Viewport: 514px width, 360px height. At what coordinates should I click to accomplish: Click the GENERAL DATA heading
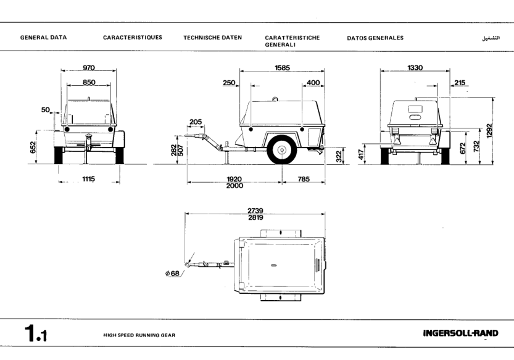44,38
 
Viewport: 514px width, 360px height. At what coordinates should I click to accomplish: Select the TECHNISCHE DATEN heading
212,38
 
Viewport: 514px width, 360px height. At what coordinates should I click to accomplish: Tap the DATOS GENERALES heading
375,38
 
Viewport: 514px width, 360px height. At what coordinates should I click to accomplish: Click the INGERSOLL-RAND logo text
460,334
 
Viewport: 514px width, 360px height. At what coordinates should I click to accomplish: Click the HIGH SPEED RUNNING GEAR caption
139,335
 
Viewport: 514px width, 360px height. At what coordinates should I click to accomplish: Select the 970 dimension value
89,68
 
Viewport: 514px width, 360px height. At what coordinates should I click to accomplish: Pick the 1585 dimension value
283,68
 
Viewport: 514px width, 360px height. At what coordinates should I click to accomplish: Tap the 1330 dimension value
415,68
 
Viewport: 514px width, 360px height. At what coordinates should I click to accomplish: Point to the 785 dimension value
303,179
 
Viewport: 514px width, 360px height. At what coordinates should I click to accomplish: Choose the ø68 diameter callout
173,274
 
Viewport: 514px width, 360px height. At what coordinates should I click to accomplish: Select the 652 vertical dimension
33,147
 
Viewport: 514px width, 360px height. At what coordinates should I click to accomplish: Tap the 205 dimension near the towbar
196,122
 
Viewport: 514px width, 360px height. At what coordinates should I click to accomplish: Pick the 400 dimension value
313,82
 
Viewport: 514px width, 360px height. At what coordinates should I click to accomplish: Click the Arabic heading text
490,38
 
